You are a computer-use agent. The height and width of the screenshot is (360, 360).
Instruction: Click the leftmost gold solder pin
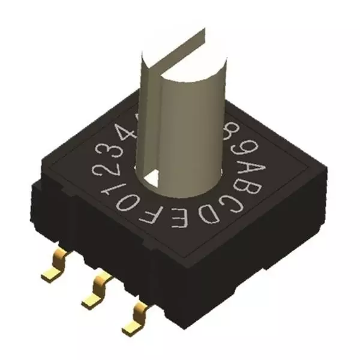click(55, 271)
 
